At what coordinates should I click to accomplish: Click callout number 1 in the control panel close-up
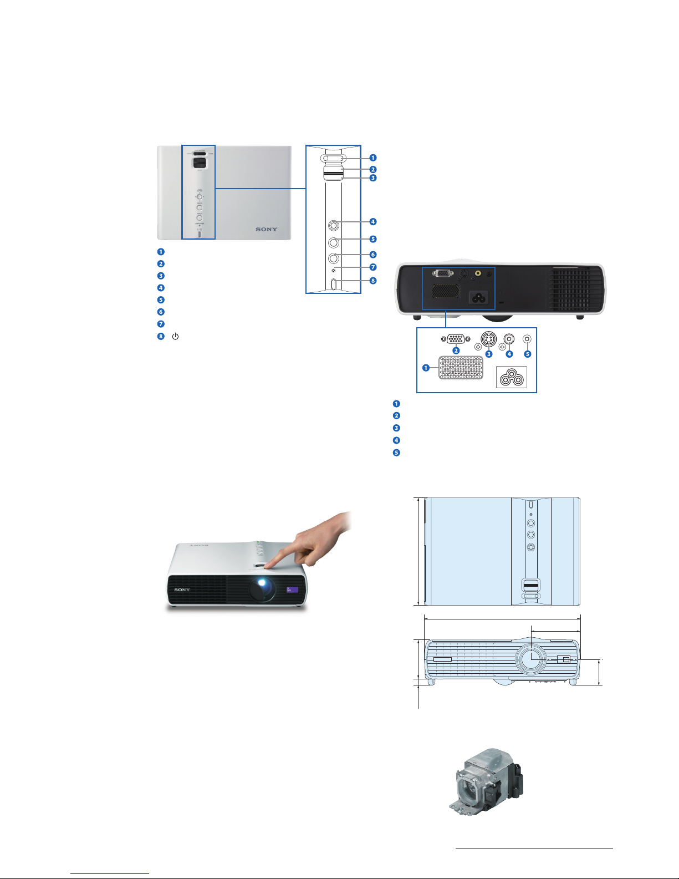(x=373, y=157)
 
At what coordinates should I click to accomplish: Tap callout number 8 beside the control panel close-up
(x=373, y=281)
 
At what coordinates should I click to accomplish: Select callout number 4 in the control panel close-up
(x=373, y=222)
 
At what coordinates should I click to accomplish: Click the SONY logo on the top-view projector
(x=266, y=229)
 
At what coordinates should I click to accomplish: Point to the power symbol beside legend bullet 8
(x=175, y=337)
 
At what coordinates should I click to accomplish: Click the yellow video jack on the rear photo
(x=478, y=273)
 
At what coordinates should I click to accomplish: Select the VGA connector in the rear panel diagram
(x=455, y=339)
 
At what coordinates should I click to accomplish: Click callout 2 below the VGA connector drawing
(x=456, y=350)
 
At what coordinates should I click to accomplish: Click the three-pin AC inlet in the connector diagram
(x=511, y=378)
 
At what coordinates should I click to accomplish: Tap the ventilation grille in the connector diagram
(x=461, y=367)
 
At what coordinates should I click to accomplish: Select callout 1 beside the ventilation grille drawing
(x=426, y=368)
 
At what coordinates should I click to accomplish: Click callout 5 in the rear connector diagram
(x=527, y=354)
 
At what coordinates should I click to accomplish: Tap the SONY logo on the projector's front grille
(x=182, y=590)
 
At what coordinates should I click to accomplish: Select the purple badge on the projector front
(x=292, y=590)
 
